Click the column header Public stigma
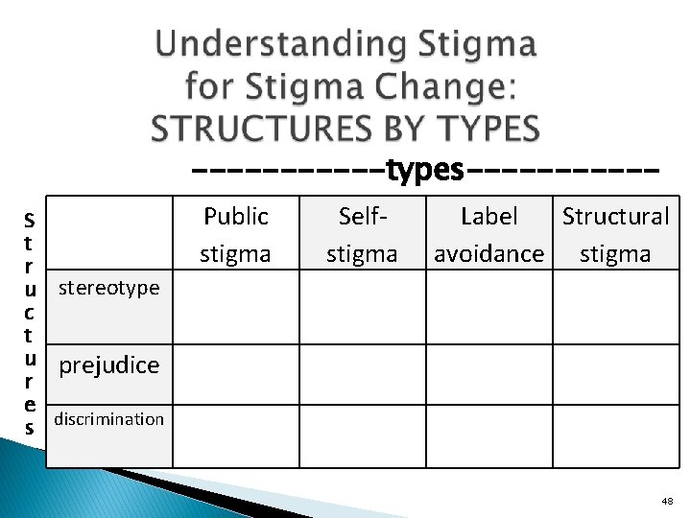(x=235, y=234)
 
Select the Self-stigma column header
(x=362, y=234)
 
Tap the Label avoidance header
(x=488, y=234)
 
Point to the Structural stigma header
(x=615, y=234)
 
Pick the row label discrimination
(x=108, y=419)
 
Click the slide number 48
(x=667, y=501)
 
